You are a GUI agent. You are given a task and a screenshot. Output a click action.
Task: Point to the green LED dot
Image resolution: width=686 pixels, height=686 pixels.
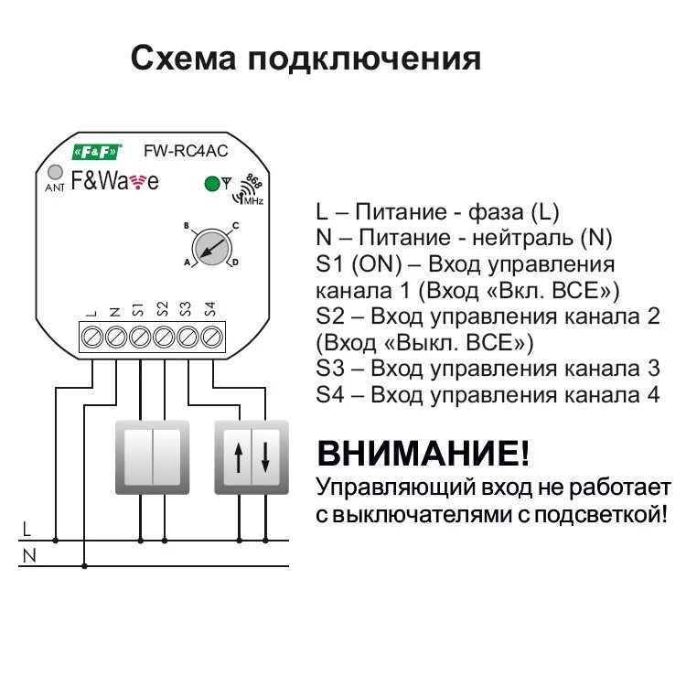click(x=212, y=183)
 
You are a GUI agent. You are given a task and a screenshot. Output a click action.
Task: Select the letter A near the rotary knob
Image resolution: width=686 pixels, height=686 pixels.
click(x=187, y=263)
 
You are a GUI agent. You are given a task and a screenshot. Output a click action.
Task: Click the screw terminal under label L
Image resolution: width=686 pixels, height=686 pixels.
click(x=91, y=337)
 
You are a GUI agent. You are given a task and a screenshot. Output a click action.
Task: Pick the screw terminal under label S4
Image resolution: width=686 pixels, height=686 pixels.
click(x=211, y=337)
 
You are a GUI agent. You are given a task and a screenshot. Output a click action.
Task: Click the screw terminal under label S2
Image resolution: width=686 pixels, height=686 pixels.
click(x=164, y=337)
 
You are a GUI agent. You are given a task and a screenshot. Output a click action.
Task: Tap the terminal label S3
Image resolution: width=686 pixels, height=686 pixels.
click(x=187, y=309)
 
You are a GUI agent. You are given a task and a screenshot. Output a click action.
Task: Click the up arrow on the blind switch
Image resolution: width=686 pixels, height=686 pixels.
click(x=238, y=456)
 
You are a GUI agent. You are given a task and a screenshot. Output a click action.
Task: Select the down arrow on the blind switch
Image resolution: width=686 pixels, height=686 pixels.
click(x=265, y=456)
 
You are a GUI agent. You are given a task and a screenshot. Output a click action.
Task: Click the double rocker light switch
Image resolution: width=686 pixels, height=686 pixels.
click(x=152, y=456)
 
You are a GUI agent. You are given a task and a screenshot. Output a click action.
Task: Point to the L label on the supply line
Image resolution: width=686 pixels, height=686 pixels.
click(x=27, y=529)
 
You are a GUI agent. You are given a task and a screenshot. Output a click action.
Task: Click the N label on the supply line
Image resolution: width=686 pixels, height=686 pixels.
click(x=28, y=554)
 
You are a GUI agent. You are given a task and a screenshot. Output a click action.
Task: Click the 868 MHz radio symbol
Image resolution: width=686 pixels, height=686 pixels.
click(x=249, y=189)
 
